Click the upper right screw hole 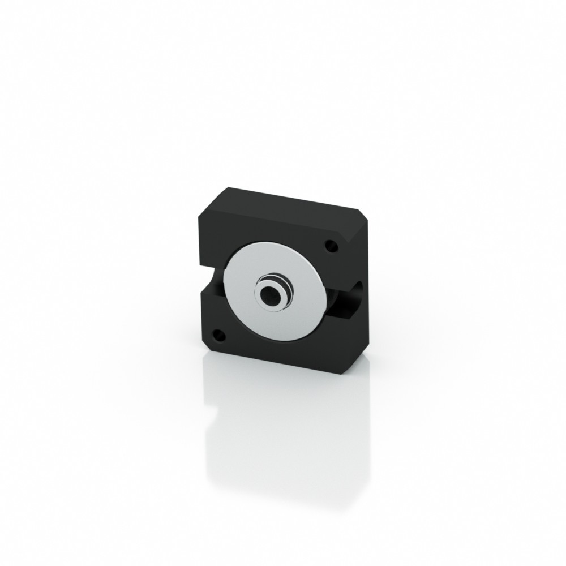click(330, 247)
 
